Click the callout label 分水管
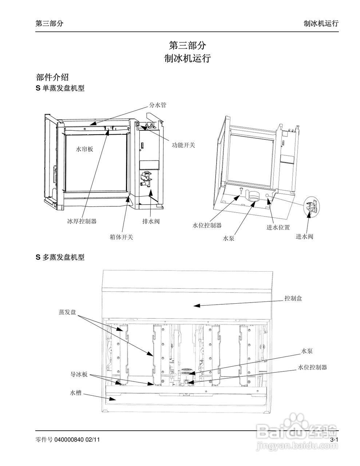pyautogui.click(x=158, y=105)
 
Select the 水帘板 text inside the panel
pyautogui.click(x=84, y=149)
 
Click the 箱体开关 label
pyautogui.click(x=121, y=237)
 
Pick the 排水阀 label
pyautogui.click(x=151, y=221)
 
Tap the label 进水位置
pyautogui.click(x=278, y=228)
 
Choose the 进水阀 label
pyautogui.click(x=304, y=236)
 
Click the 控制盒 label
pyautogui.click(x=293, y=299)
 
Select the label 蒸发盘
pyautogui.click(x=67, y=312)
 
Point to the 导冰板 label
pyautogui.click(x=79, y=374)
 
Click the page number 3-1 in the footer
pyautogui.click(x=335, y=440)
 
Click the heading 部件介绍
pyautogui.click(x=52, y=77)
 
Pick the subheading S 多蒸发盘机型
pyautogui.click(x=60, y=257)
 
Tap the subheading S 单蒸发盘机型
pyautogui.click(x=60, y=88)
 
